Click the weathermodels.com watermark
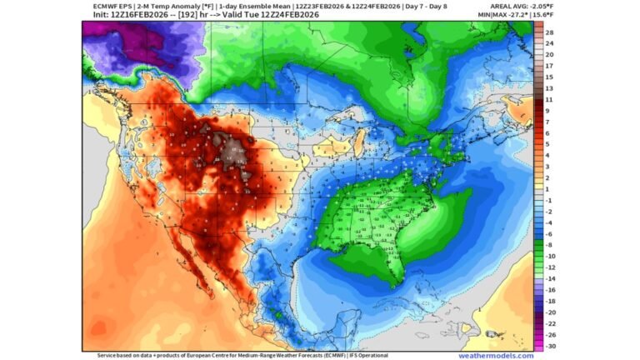[496, 356]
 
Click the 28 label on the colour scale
[550, 32]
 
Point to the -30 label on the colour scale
[550, 345]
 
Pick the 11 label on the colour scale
[550, 99]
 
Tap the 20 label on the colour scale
[550, 54]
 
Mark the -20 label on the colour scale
[550, 312]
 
